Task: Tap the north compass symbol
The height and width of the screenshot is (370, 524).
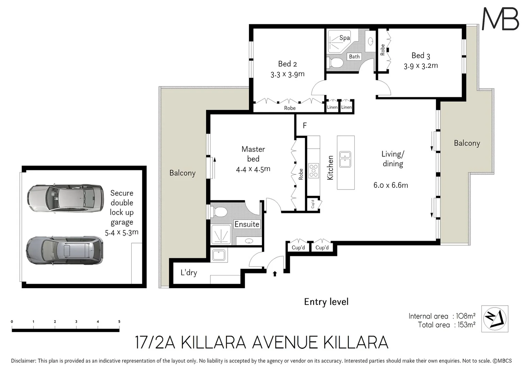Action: [x=495, y=319]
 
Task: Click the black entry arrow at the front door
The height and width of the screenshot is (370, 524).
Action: [x=275, y=273]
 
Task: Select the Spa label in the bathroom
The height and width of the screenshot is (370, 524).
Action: [x=344, y=38]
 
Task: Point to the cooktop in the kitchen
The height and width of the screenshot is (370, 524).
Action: [x=313, y=171]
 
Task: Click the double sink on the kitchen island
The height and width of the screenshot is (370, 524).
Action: [x=345, y=159]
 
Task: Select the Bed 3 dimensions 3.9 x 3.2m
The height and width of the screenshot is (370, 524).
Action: [x=420, y=66]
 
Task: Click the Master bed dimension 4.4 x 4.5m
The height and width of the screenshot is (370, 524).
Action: [x=253, y=169]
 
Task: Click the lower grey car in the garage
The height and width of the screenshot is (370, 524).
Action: [x=65, y=250]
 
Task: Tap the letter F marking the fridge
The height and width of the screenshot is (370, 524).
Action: [x=305, y=126]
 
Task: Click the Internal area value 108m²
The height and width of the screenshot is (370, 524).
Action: [x=465, y=316]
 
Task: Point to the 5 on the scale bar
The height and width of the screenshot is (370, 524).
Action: [x=119, y=322]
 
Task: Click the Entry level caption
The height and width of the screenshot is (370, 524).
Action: [x=326, y=302]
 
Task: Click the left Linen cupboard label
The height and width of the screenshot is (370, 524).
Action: [x=332, y=107]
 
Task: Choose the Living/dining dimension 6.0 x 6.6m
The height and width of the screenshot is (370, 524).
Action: [x=391, y=185]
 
